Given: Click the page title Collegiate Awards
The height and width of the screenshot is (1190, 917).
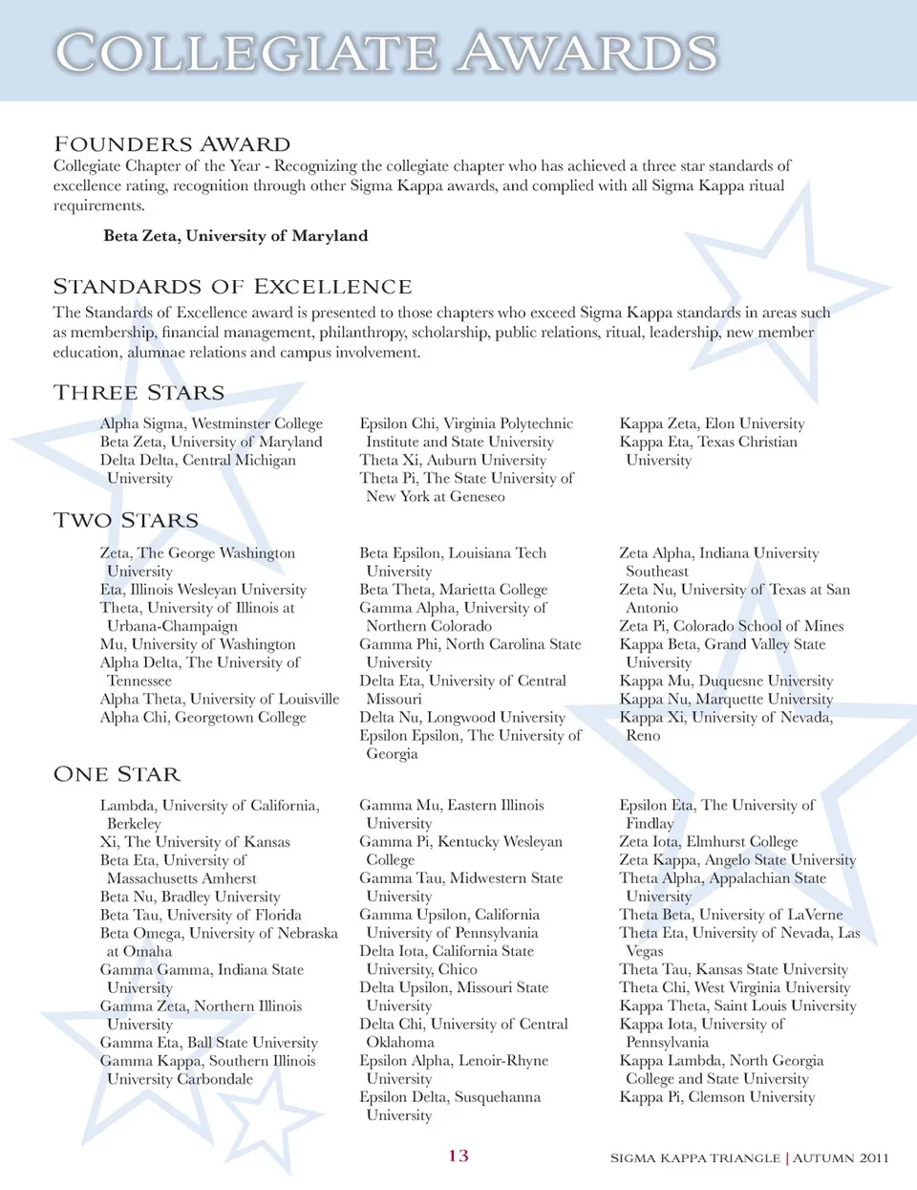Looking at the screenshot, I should tap(387, 52).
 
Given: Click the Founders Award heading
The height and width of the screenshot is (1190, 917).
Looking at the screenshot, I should tap(172, 144).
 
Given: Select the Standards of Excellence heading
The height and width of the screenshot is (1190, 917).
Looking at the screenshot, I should tap(232, 287).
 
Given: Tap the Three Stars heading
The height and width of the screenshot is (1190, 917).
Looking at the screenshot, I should tap(139, 393).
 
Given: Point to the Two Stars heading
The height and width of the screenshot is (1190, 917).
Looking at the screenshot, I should tap(126, 521).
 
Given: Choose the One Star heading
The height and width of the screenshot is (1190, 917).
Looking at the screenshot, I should tap(117, 774).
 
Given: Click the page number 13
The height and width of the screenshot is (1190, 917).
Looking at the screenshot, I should tap(458, 1156).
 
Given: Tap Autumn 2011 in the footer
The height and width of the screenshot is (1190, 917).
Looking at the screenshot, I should tap(842, 1158).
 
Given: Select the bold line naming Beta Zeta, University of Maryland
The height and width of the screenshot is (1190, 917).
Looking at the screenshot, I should tap(235, 236).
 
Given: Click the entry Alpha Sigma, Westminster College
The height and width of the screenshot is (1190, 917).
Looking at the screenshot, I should tap(211, 423).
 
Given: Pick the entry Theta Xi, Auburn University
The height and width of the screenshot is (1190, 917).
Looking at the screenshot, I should tap(453, 460).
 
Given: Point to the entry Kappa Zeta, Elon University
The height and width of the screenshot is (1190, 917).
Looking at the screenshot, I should tap(712, 423).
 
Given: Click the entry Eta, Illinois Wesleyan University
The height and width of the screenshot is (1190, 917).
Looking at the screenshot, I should tap(203, 590).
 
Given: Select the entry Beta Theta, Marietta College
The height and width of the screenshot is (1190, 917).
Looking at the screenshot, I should tap(454, 590).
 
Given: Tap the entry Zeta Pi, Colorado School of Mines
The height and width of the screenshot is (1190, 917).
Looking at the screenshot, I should tap(732, 626).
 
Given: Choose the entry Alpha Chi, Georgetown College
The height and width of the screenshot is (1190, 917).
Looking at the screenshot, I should tap(203, 717).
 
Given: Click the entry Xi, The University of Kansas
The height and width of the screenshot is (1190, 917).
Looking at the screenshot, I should tap(195, 842).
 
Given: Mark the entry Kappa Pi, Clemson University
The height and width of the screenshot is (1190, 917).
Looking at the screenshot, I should tap(717, 1097).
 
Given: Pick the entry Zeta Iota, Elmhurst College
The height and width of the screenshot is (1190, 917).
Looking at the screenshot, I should tap(709, 842).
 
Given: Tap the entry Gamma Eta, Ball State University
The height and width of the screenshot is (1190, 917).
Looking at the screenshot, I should tap(209, 1043).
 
